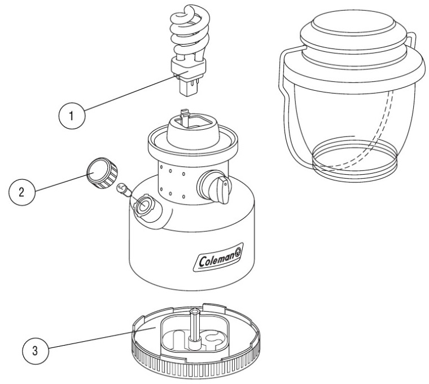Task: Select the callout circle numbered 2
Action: [22, 191]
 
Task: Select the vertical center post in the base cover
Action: [195, 325]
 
